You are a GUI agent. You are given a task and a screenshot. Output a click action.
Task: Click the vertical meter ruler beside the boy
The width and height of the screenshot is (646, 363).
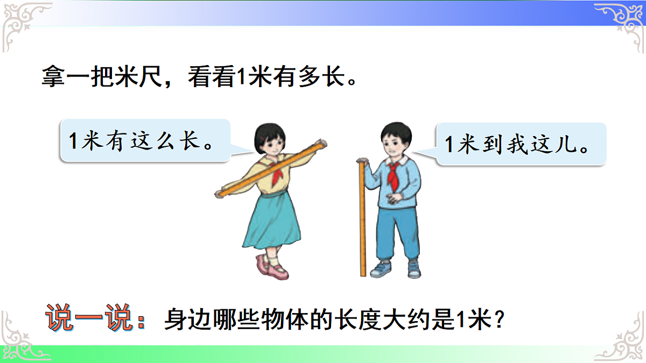362,220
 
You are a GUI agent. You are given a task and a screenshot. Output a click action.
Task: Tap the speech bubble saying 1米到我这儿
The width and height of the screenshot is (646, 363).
520,144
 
